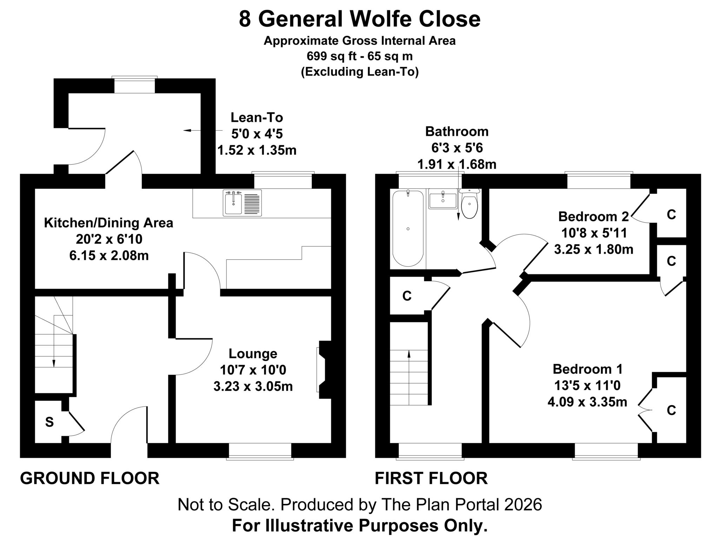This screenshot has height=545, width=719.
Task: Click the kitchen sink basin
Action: coord(233,203)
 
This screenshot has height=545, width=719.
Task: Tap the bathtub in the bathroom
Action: coord(408,228)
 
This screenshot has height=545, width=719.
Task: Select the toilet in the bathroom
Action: coord(469,204)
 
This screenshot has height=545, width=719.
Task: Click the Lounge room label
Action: coord(253,353)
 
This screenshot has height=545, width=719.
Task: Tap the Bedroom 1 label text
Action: coord(587,369)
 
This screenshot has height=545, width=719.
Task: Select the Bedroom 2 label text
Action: coord(594,216)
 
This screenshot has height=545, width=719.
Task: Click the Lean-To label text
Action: coord(257,117)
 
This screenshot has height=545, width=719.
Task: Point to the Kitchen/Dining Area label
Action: coord(108,223)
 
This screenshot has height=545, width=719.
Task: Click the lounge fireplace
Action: coord(324,370)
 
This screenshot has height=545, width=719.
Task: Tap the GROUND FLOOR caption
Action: coord(90,478)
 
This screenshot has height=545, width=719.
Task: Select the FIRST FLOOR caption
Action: coord(431,478)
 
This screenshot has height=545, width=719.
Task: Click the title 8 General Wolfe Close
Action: coord(359,19)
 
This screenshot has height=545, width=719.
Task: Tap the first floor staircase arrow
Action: coord(409,377)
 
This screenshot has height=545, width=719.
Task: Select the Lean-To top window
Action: coord(134,85)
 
